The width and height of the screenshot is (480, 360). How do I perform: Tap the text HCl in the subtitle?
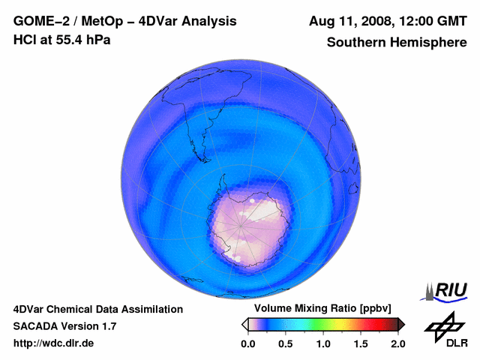[x=25, y=40]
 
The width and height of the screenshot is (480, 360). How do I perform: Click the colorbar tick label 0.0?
[x=248, y=343]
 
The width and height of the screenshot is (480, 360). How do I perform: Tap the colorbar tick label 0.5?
[x=286, y=343]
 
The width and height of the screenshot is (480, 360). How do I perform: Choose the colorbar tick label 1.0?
[x=323, y=343]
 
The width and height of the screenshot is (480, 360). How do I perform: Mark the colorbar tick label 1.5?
[x=361, y=343]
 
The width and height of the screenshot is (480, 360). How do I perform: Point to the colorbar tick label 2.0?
[x=397, y=343]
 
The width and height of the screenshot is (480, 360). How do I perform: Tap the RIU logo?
[x=445, y=289]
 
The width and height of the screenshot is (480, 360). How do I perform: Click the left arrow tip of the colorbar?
[x=244, y=324]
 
